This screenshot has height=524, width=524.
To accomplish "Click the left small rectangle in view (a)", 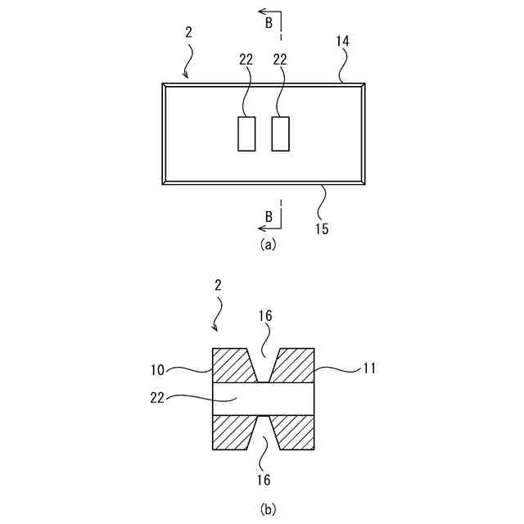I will coord(246,133).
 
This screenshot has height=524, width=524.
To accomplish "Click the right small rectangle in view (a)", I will coord(281,133).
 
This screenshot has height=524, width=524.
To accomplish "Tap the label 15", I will coord(322,228).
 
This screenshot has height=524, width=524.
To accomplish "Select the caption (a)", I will coord(268,244).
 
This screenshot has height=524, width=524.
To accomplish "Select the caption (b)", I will coord(268,509).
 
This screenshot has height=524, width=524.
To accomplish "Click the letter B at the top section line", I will coord(269,25).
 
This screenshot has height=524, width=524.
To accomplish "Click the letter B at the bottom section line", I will coord(269,216).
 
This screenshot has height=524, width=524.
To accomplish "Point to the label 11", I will coord(369,368).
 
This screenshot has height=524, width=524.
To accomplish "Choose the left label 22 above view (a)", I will coord(246,59).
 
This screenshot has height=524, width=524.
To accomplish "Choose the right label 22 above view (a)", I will coord(280,59).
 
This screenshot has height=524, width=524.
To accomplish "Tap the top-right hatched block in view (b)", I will coord(295,365).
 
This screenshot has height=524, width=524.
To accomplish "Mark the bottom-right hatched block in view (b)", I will coord(295,432).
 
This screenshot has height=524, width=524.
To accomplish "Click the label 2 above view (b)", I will coord(219,286).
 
